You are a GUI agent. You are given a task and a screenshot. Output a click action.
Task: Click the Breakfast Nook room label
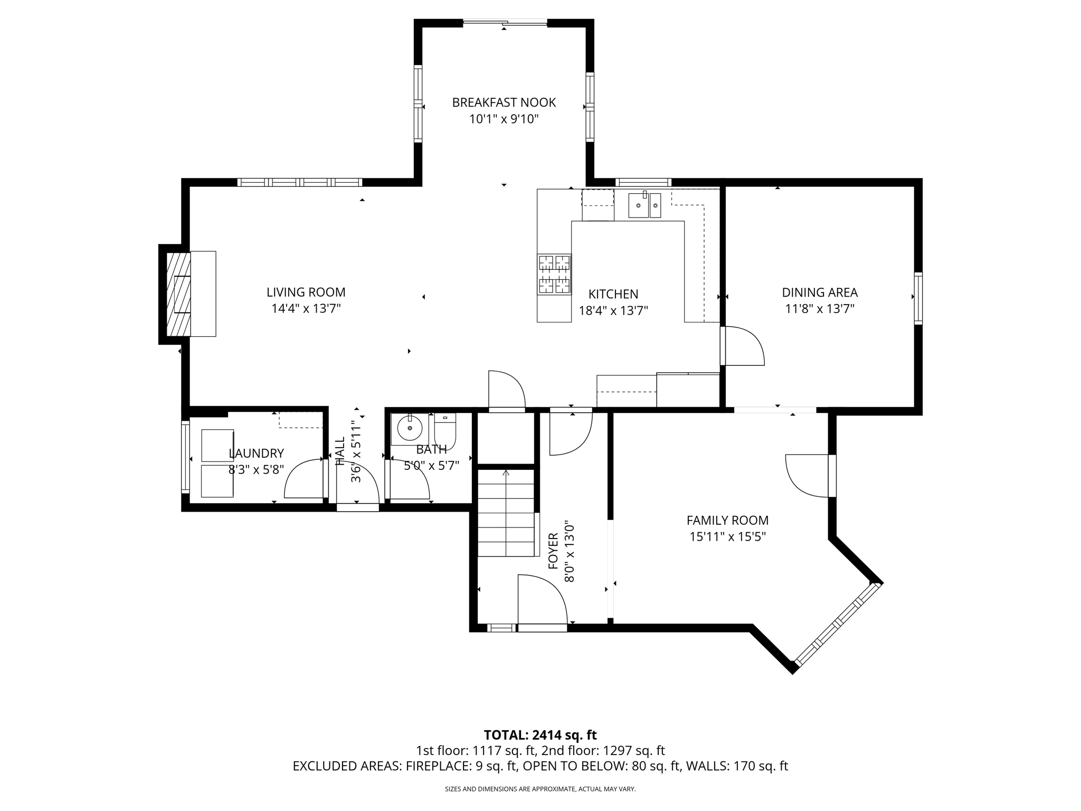coord(504,102)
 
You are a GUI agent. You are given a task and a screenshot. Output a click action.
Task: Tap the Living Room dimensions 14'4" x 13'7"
coord(306,309)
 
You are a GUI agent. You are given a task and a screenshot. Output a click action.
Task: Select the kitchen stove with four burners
coord(554,274)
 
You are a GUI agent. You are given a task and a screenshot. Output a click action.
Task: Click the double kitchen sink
coord(644,205)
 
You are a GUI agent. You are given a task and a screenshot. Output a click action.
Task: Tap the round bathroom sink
coord(409,428)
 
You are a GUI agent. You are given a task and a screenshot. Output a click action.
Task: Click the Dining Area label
coord(819,293)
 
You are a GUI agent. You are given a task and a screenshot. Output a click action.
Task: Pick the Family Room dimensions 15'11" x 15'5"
coord(727,537)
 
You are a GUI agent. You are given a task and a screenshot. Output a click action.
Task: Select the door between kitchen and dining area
coord(742,346)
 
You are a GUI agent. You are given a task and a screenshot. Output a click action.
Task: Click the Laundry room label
coord(256,454)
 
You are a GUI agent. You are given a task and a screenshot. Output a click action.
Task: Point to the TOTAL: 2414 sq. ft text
coord(540,735)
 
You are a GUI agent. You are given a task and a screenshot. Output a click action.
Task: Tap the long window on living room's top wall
coord(299,182)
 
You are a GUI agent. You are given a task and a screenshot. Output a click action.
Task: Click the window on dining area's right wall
coord(918,298)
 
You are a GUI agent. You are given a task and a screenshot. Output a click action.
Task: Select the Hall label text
coord(340,450)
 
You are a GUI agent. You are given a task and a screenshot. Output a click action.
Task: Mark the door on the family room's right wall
coord(808,475)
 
